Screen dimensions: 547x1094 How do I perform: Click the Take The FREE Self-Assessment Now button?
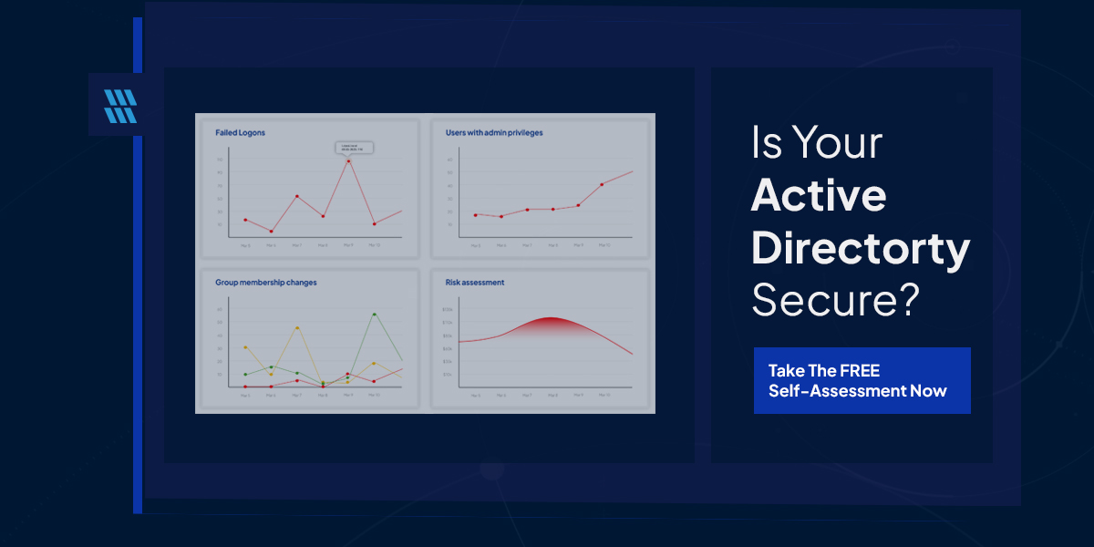pos(862,381)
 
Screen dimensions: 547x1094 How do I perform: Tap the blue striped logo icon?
pos(119,106)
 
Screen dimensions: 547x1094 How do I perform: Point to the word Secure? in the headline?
pos(833,298)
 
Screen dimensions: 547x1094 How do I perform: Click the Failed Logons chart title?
pos(240,133)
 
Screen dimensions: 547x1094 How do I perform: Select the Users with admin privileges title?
pos(493,133)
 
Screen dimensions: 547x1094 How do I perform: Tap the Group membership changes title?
pos(265,283)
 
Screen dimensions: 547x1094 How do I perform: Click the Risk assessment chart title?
pos(474,283)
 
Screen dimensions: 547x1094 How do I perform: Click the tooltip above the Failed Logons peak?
pos(352,148)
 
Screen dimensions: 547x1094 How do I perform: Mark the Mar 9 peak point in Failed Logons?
pos(348,161)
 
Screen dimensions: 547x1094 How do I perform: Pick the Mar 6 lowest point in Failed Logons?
pos(271,232)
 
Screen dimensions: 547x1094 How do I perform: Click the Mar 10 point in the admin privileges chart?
pos(602,184)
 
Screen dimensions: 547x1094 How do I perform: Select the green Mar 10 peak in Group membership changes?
pos(375,315)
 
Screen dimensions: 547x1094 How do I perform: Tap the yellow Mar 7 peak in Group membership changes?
pos(297,327)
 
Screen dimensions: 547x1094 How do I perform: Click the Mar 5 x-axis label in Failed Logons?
pos(245,245)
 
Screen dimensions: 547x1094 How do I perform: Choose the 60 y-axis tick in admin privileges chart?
pos(449,160)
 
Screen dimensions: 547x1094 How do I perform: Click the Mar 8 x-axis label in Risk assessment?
pos(552,395)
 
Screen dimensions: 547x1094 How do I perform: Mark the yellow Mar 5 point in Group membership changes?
pos(245,347)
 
